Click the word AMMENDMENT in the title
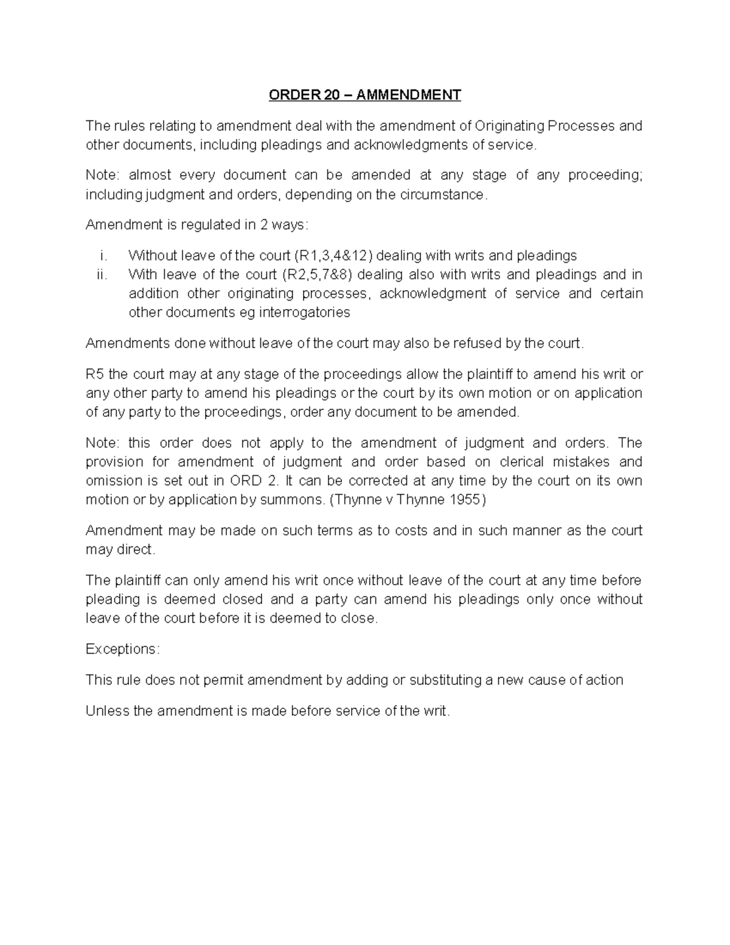tap(408, 95)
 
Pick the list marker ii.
tap(102, 274)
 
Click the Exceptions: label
tap(122, 649)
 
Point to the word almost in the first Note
tap(150, 175)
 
